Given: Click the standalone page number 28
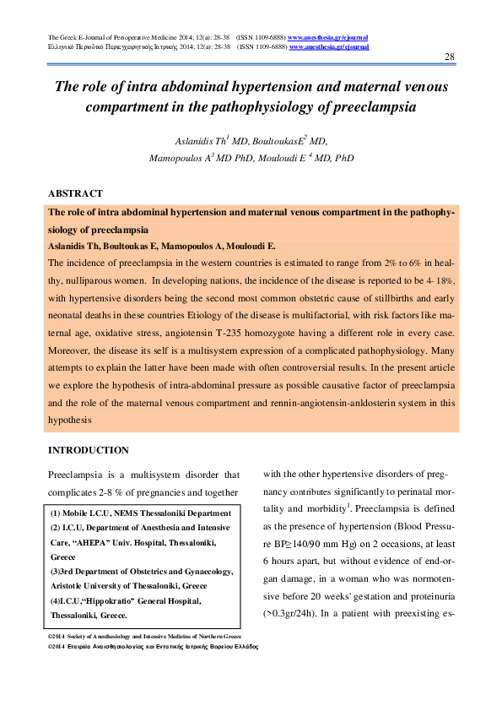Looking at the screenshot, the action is coord(449,56).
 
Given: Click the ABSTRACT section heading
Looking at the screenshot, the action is coord(76,193).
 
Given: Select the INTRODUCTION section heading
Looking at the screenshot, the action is coord(89,450).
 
